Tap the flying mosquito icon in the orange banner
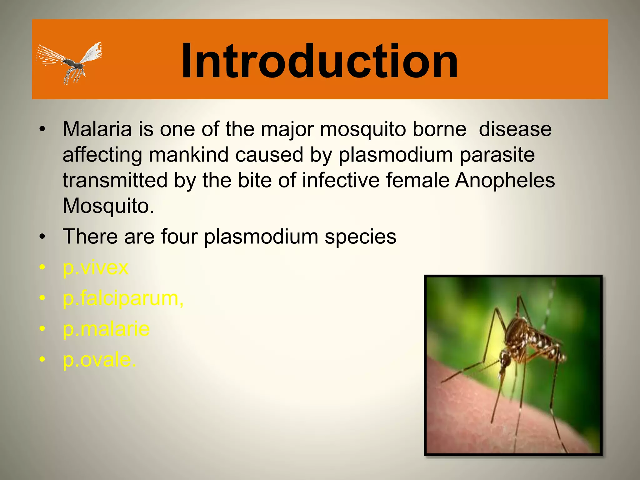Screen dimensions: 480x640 pyautogui.click(x=70, y=62)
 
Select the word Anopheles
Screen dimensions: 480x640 pyautogui.click(x=505, y=180)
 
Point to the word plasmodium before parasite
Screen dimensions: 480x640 pyautogui.click(x=396, y=155)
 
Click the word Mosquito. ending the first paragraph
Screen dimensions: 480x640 pyautogui.click(x=108, y=206)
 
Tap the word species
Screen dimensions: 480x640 pyautogui.click(x=360, y=237)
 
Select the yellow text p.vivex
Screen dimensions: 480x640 pyautogui.click(x=95, y=268)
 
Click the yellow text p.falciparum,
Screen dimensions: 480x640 pyautogui.click(x=123, y=298)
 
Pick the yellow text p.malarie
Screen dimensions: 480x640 pyautogui.click(x=106, y=329)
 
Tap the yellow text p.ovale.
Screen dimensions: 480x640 pyautogui.click(x=99, y=360)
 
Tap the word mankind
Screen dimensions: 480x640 pyautogui.click(x=191, y=155)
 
